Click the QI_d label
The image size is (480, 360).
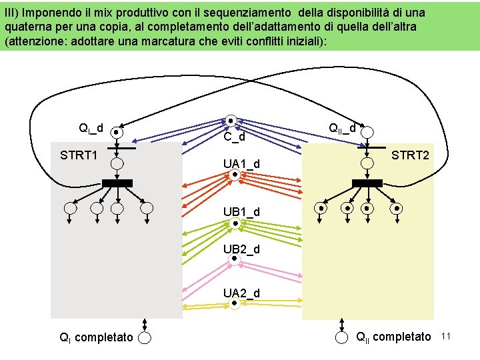[91, 128]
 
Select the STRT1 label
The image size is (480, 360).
[79, 156]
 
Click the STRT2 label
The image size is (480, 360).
[411, 156]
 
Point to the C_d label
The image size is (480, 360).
[235, 138]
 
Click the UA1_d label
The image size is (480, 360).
[241, 164]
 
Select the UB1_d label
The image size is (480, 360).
[241, 212]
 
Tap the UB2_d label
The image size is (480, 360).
[241, 249]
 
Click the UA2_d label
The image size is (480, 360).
[241, 293]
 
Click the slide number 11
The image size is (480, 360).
[447, 337]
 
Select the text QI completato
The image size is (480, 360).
[95, 338]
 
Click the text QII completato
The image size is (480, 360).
[394, 337]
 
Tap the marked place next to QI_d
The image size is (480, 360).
[116, 132]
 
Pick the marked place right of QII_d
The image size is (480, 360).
[366, 131]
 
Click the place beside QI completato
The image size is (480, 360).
[145, 338]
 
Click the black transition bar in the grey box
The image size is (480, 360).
[117, 183]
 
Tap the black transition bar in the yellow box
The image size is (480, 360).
[367, 183]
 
